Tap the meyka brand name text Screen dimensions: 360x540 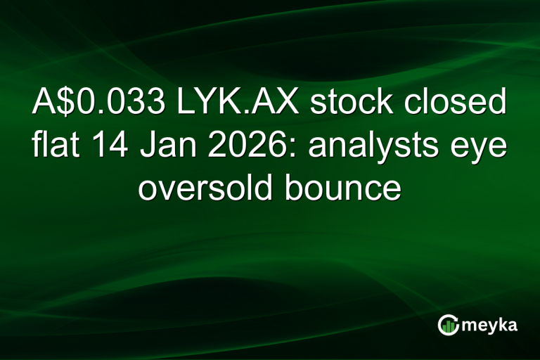(x=489, y=325)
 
